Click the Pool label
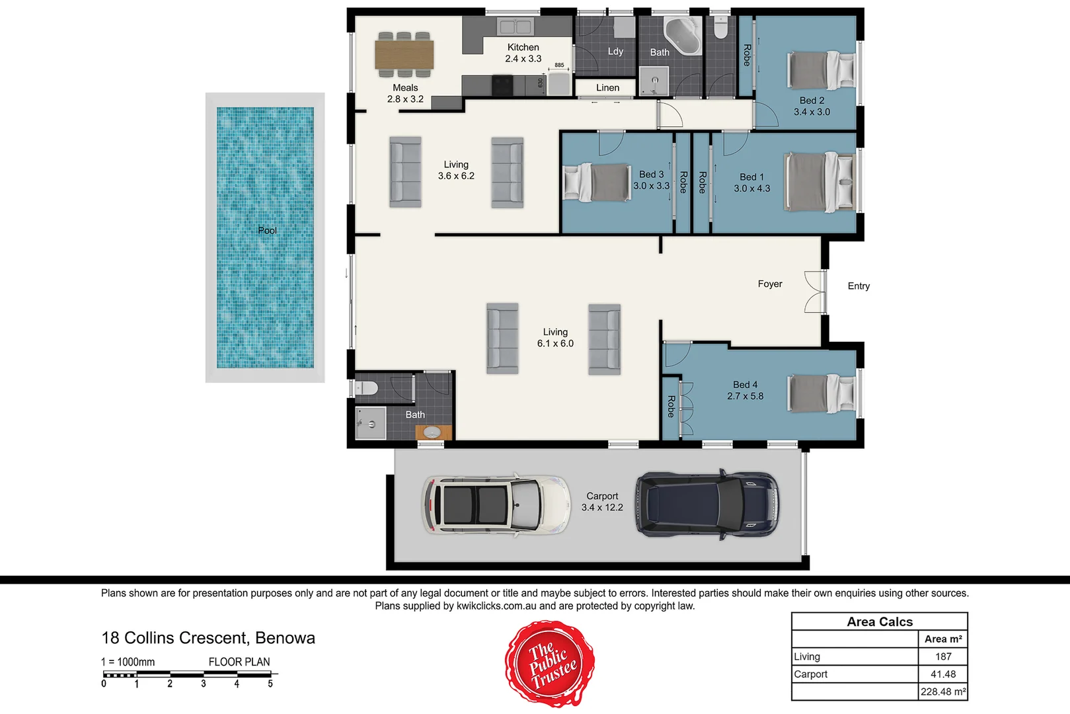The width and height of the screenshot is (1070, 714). pos(267,231)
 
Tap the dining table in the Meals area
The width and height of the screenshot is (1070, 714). pos(404,54)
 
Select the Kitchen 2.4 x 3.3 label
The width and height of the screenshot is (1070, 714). pos(523,53)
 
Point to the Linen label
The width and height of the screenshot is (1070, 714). pos(607,88)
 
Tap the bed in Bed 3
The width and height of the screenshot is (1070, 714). pos(597,182)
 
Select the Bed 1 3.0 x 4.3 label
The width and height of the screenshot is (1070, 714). pos(752,182)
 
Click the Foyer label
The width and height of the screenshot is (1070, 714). pos(770,284)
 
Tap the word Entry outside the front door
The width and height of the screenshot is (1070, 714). pos(859,286)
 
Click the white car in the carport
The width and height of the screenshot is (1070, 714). pos(496,504)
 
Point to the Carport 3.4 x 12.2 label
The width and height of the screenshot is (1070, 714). pos(602,502)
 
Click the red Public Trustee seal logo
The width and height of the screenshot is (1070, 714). pos(550,663)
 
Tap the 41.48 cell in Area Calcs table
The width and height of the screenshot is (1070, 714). pos(943,674)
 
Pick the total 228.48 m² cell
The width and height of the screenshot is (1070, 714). pos(943,692)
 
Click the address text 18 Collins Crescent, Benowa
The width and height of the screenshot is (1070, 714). pos(208,638)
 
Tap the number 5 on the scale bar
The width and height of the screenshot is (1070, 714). pos(270,684)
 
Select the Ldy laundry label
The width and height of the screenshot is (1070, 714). pos(615,52)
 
